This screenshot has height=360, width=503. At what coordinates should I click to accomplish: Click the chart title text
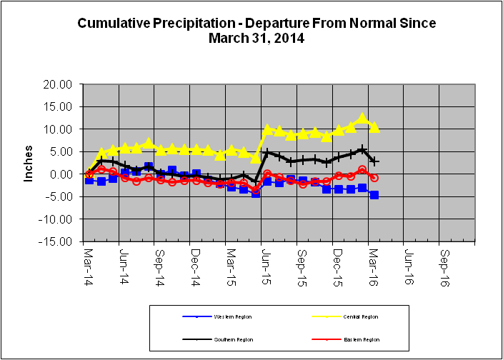click(x=257, y=31)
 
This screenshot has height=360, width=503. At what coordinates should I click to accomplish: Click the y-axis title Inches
click(x=29, y=163)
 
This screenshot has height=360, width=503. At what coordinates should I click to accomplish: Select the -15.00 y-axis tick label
click(x=58, y=241)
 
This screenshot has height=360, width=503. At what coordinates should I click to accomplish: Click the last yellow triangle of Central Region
click(x=374, y=127)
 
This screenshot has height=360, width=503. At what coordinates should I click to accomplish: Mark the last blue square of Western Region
click(x=374, y=195)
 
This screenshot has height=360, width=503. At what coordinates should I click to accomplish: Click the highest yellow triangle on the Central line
click(x=362, y=118)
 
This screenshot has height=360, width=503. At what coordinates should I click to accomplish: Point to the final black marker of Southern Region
click(x=374, y=162)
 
